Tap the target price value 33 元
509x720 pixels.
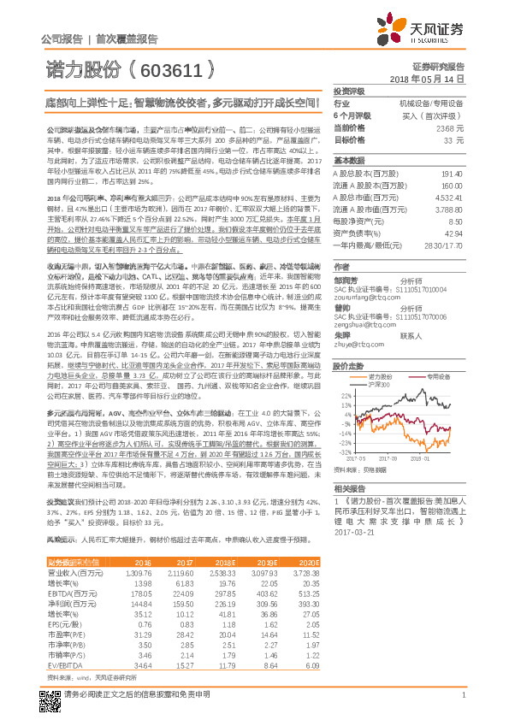pos(454,139)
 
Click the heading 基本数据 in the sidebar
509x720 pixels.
pos(349,161)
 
